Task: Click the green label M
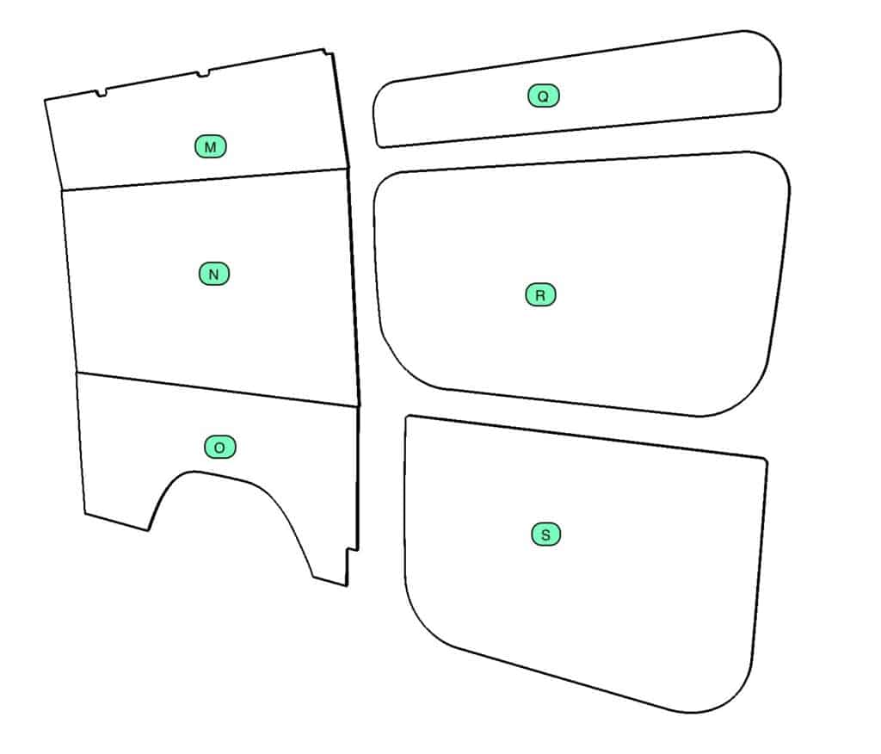(210, 146)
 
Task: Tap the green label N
(214, 274)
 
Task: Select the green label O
(219, 447)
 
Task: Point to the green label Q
(544, 96)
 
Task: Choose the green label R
(540, 294)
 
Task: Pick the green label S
(545, 535)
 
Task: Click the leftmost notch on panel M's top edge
(101, 93)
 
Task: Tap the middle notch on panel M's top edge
(202, 74)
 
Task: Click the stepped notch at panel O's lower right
(352, 550)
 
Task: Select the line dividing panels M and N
(205, 179)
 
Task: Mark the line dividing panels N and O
(218, 388)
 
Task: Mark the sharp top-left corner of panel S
(407, 417)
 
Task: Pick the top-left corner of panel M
(45, 100)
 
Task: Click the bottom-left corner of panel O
(85, 513)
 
